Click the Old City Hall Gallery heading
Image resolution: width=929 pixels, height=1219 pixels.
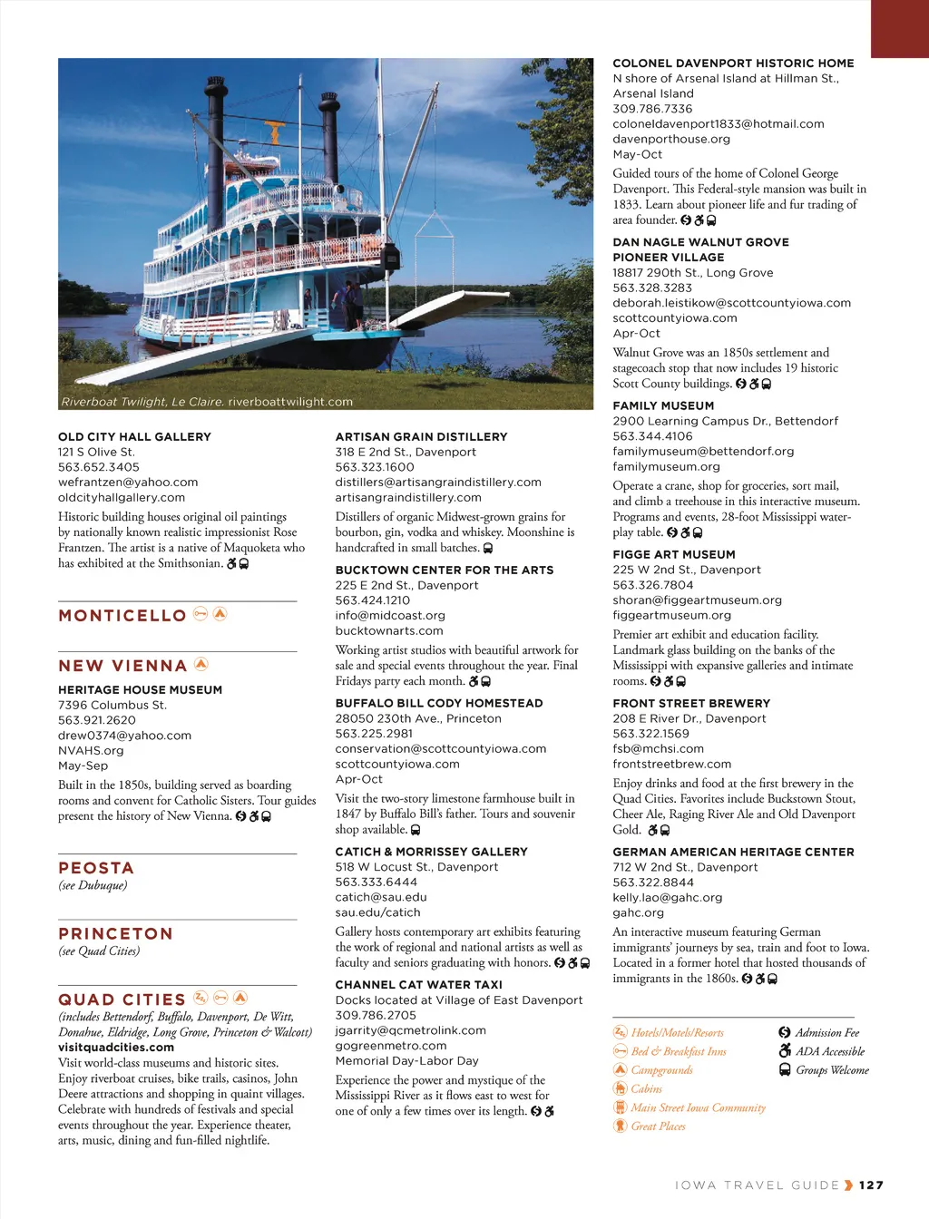tap(134, 437)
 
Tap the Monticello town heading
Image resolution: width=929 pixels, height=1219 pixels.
tap(122, 616)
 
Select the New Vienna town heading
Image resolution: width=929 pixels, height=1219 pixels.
tap(122, 666)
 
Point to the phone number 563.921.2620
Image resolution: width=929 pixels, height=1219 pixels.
tap(97, 720)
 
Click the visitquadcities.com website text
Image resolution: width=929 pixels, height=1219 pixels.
tap(116, 1048)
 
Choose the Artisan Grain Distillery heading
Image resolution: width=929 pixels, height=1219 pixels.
tap(421, 437)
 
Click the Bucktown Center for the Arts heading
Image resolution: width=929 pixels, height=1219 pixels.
tap(444, 570)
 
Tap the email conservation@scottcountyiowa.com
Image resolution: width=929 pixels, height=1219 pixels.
tap(440, 749)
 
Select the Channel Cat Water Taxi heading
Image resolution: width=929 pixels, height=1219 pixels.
tap(418, 985)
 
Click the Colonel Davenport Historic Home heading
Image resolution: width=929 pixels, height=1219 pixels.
tap(733, 63)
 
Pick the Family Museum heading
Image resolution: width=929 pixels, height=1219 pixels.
tap(663, 406)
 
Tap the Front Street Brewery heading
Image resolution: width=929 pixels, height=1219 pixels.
tap(691, 704)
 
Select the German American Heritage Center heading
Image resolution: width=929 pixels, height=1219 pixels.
tap(733, 853)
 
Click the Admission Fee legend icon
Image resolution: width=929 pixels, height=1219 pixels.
tap(785, 1032)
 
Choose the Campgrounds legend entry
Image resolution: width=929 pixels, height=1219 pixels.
tap(661, 1070)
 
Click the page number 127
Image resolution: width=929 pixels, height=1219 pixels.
tap(871, 1185)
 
